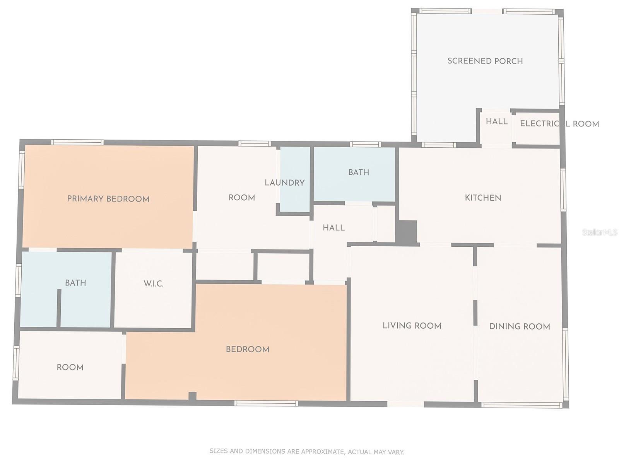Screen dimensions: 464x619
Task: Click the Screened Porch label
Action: (485, 61)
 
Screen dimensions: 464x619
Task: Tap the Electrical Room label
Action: (559, 124)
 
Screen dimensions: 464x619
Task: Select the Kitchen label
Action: (483, 198)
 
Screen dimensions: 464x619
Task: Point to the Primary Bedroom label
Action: (108, 199)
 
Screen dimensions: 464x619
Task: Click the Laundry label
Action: (285, 183)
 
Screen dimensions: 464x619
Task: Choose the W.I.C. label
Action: (154, 283)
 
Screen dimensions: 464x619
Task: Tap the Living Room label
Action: (412, 326)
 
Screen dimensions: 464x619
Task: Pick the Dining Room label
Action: (520, 326)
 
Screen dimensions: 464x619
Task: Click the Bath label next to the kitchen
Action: (359, 172)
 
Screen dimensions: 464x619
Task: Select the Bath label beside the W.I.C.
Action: (75, 283)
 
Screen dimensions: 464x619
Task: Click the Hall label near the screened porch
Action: (497, 121)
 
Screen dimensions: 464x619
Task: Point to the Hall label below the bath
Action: (333, 228)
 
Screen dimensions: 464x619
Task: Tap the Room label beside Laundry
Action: (242, 198)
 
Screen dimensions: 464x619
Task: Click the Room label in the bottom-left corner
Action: (70, 367)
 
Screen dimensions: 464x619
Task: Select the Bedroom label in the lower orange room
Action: (248, 349)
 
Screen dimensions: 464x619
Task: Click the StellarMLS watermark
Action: (600, 232)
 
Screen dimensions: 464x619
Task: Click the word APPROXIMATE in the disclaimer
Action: (321, 451)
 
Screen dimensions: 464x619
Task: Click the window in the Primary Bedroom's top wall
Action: (78, 142)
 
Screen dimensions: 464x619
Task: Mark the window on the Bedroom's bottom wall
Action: (266, 403)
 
